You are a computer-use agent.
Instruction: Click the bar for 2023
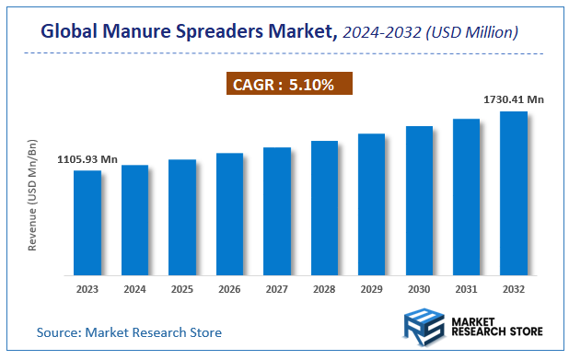(x=87, y=223)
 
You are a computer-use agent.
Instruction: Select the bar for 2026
(x=229, y=214)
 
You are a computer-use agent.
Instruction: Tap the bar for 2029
(x=371, y=204)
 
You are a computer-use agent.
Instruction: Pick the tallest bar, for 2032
(x=513, y=193)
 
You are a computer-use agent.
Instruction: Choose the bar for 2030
(x=419, y=201)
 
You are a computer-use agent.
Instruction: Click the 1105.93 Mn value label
(x=87, y=159)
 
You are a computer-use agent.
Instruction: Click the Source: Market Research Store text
(x=129, y=331)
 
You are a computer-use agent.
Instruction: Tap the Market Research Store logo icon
(x=424, y=329)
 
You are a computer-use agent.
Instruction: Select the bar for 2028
(x=324, y=208)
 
